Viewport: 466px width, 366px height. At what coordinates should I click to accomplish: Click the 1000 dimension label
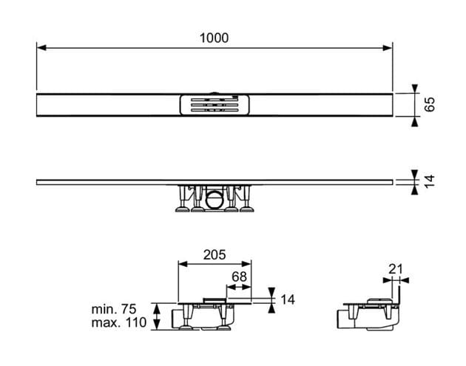click(214, 38)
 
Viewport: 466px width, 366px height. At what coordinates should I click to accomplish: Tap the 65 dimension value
click(430, 104)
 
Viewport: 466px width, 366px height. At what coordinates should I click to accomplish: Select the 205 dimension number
click(215, 254)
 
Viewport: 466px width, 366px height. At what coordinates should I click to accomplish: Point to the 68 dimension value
click(239, 277)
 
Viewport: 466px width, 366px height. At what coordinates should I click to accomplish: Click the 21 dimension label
click(396, 269)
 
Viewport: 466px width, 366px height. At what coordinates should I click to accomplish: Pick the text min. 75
click(114, 309)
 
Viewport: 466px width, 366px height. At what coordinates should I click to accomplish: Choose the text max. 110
click(119, 322)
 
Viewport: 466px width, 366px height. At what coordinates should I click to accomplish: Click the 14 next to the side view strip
click(430, 181)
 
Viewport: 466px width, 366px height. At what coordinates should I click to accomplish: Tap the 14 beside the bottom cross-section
click(288, 299)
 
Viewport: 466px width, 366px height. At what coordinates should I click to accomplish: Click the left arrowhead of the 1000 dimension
click(41, 48)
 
